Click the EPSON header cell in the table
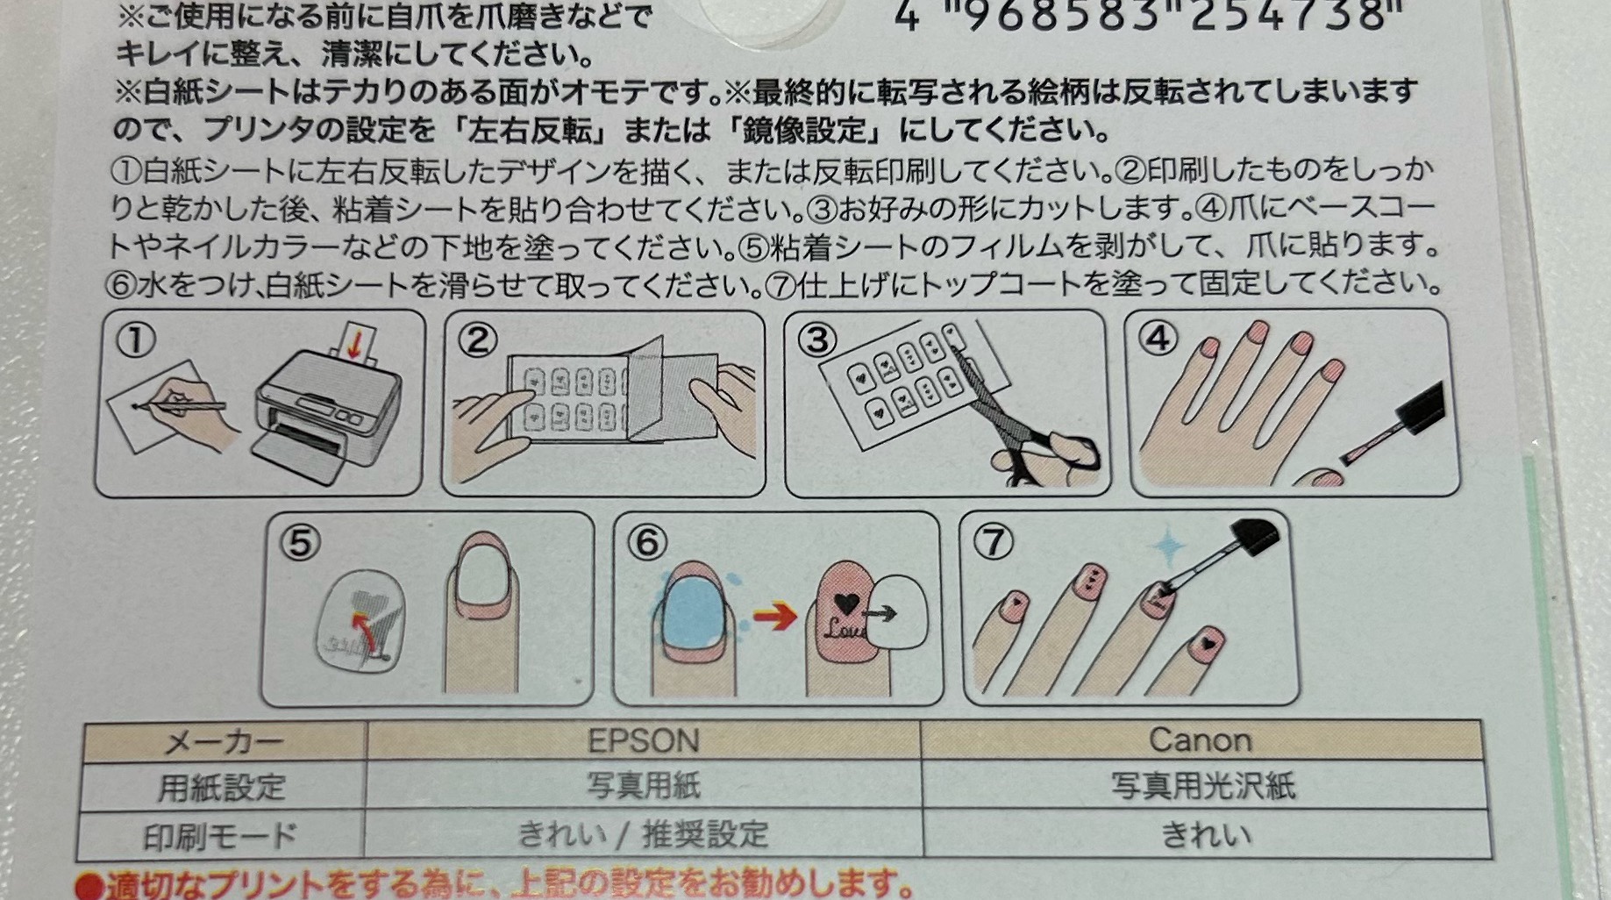click(643, 741)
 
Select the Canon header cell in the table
click(1201, 740)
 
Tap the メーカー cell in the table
click(224, 743)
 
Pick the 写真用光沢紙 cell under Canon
click(1203, 786)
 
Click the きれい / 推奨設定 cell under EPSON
click(643, 833)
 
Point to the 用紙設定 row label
click(222, 787)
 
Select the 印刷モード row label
click(220, 836)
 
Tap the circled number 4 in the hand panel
click(1158, 338)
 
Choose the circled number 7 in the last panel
click(994, 542)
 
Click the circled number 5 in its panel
click(300, 544)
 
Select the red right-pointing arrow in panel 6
click(774, 616)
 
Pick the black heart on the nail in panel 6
click(846, 604)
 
